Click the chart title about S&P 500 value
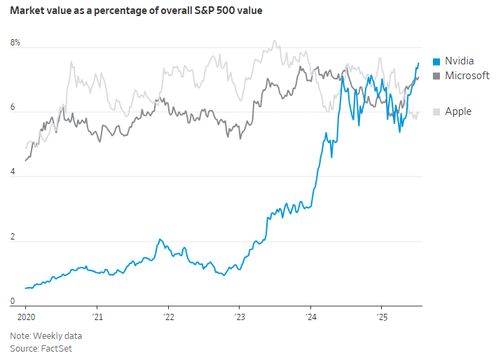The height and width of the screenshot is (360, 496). pyautogui.click(x=136, y=11)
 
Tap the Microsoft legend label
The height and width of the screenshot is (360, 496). pyautogui.click(x=467, y=76)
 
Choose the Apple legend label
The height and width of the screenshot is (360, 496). pyautogui.click(x=458, y=111)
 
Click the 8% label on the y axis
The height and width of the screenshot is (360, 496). pyautogui.click(x=15, y=43)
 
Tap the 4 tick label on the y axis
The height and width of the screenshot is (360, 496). pyautogui.click(x=13, y=176)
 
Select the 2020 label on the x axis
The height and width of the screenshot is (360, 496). pyautogui.click(x=25, y=317)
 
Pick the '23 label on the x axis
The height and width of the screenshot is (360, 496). pyautogui.click(x=240, y=317)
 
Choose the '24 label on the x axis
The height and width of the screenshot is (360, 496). pyautogui.click(x=311, y=317)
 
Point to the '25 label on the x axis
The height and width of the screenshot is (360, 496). pyautogui.click(x=382, y=317)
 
